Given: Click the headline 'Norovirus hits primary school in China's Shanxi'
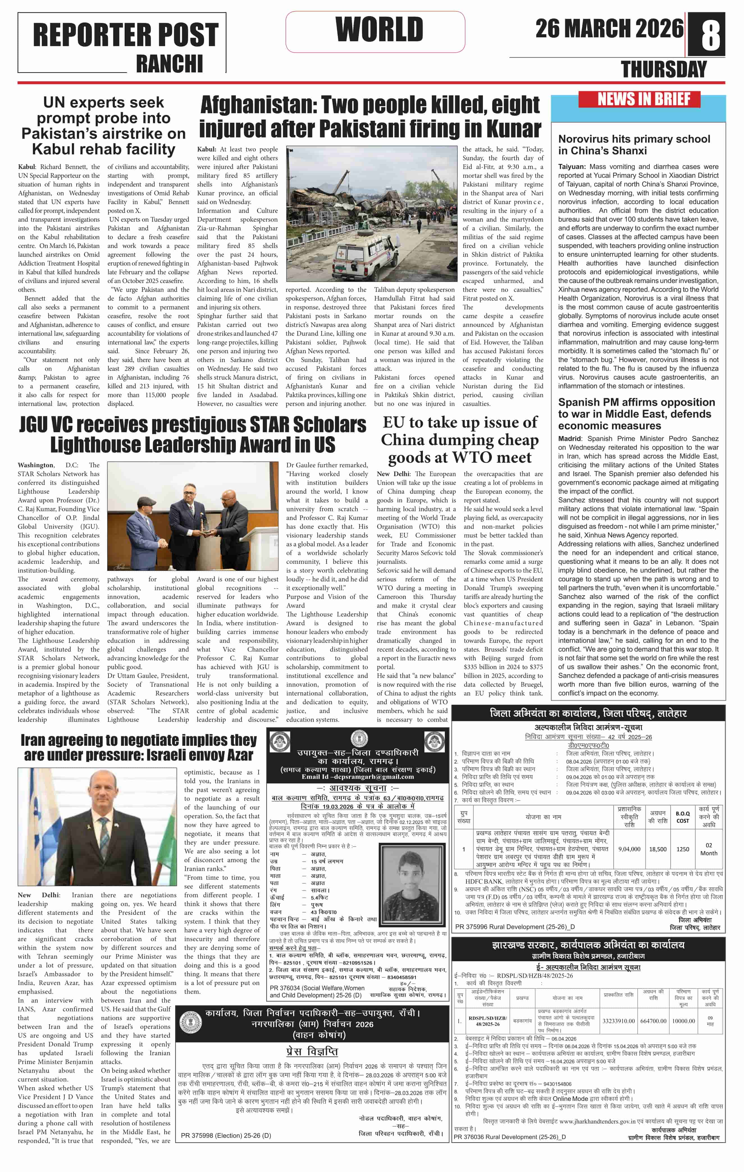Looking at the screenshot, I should click(634, 145).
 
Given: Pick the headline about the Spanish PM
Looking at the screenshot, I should click(636, 414).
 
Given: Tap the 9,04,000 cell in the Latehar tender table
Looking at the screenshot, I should click(629, 849).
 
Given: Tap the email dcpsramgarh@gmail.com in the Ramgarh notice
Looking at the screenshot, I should click(358, 777).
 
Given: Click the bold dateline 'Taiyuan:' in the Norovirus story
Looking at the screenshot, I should click(572, 167).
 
